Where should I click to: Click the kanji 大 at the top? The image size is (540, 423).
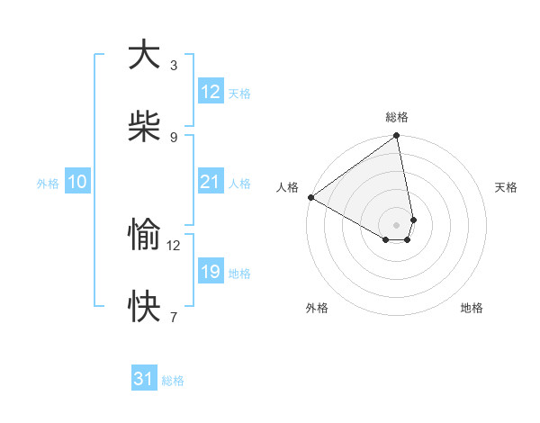(x=144, y=55)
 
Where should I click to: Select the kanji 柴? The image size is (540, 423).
(x=144, y=127)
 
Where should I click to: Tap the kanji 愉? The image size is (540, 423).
(x=144, y=235)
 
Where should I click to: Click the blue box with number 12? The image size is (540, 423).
(x=210, y=92)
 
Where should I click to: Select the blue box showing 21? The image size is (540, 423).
(x=210, y=182)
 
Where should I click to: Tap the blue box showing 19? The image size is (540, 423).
(x=210, y=272)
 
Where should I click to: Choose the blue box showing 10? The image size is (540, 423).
(x=76, y=182)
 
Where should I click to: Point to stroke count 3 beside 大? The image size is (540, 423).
(x=173, y=65)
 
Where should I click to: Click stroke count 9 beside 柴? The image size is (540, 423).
(x=173, y=137)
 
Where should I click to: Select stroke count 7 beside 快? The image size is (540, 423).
(x=173, y=317)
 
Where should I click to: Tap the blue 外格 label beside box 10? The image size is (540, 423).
(x=47, y=183)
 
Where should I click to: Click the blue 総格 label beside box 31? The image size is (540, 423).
(x=173, y=381)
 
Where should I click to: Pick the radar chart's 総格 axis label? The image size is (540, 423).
(x=397, y=117)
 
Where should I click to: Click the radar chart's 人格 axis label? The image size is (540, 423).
(x=287, y=186)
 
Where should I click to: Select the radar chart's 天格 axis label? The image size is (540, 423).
(x=506, y=186)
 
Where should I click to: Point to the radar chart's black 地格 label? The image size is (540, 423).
(x=472, y=308)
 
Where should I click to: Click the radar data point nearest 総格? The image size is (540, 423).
(x=397, y=137)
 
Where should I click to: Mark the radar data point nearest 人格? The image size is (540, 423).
(x=310, y=197)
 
